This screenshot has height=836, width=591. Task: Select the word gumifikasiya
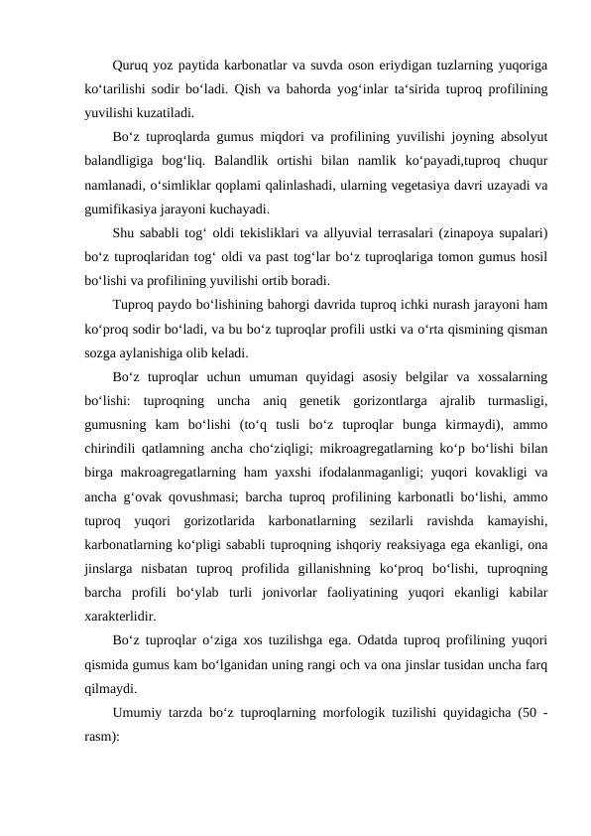pyautogui.click(x=122, y=209)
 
